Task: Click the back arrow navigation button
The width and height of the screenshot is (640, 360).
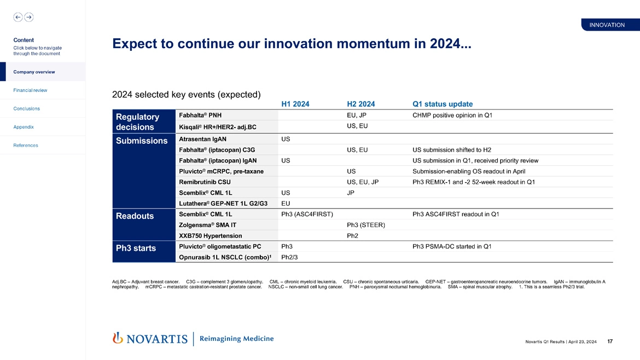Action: (18, 17)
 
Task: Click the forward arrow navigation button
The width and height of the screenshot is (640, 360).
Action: (29, 17)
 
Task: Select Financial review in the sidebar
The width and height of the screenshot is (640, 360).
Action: (30, 90)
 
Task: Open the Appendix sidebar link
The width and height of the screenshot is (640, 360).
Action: (24, 127)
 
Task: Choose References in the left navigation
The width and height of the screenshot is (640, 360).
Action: (26, 146)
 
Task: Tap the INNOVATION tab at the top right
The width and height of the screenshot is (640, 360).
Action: (607, 25)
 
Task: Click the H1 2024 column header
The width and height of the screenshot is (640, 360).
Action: (295, 104)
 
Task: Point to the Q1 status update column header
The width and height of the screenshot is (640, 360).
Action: (443, 104)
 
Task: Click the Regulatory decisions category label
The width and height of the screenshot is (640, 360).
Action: (138, 121)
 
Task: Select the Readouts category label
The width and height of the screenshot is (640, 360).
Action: (135, 216)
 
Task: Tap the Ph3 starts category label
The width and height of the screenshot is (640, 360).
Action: (136, 248)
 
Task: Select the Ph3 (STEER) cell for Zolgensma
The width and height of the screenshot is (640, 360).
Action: (366, 225)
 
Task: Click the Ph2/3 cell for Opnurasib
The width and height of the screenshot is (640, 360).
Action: (289, 257)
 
